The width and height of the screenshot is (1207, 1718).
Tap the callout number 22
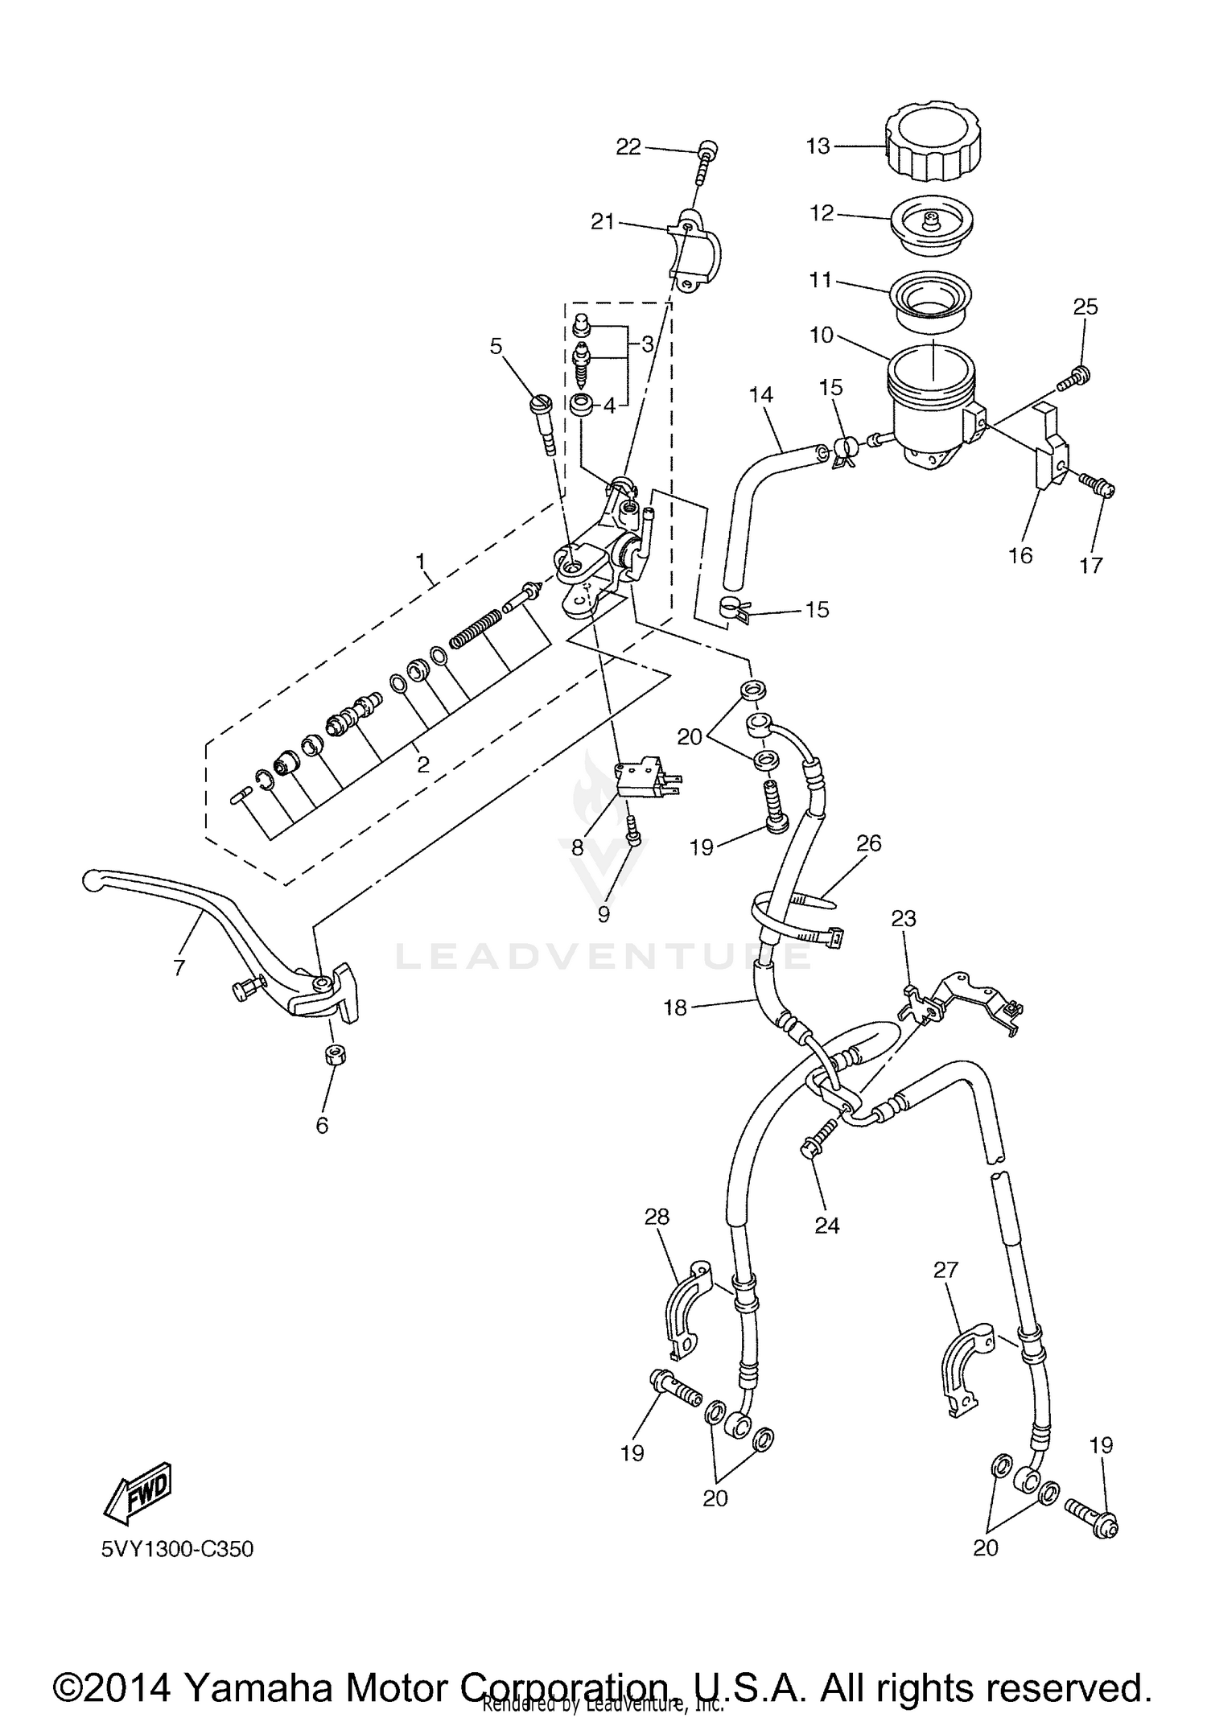[x=628, y=146]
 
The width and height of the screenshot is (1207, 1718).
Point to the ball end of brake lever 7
[x=91, y=882]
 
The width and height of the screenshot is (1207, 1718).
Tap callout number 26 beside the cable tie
[x=869, y=843]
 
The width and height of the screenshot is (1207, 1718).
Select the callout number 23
[x=904, y=919]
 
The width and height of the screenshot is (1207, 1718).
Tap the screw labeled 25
[x=1073, y=377]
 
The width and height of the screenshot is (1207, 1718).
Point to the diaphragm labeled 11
[x=927, y=299]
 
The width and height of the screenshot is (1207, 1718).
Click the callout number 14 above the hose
[x=760, y=394]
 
